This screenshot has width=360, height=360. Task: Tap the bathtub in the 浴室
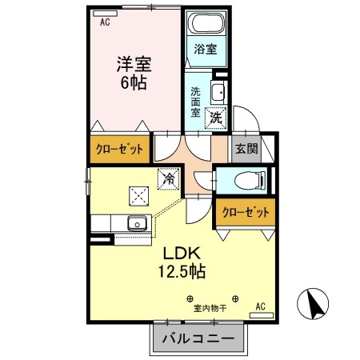[x=206, y=23]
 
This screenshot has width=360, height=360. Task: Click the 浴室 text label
[x=206, y=48]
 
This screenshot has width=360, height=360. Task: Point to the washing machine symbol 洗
[x=214, y=117]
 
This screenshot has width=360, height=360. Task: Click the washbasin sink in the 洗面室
[x=218, y=90]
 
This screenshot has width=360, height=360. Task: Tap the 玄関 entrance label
[x=244, y=149]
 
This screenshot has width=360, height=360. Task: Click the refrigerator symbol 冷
[x=169, y=180]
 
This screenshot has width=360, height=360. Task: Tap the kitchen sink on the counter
[x=137, y=222]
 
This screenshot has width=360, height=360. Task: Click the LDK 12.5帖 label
[x=182, y=262]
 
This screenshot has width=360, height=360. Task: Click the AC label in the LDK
[x=260, y=306]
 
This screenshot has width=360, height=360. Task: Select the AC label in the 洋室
[x=104, y=23]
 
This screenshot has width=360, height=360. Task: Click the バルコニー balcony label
[x=198, y=339]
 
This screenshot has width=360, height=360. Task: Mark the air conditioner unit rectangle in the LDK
[x=264, y=316]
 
